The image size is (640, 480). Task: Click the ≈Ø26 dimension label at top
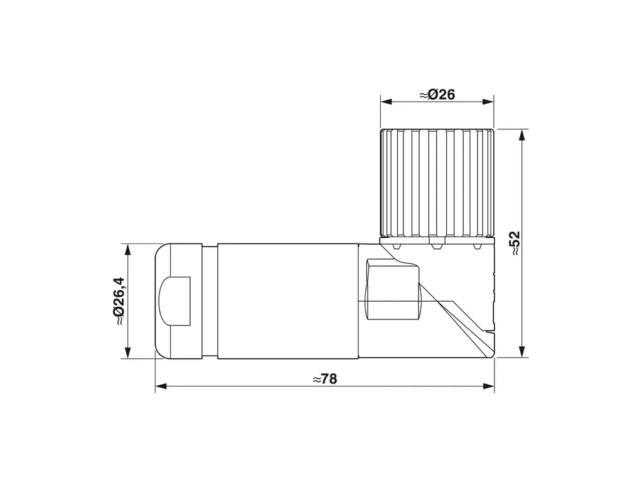pos(437,95)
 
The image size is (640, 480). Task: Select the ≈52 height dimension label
pos(516,243)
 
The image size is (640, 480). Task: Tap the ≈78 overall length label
pos(325,379)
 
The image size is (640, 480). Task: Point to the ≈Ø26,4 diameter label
pos(119,301)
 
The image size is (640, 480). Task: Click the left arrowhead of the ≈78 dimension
pos(161,386)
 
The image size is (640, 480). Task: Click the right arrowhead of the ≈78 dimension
pos(489,386)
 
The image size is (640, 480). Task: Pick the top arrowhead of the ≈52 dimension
pos(521,136)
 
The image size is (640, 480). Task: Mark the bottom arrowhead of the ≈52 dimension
pos(521,351)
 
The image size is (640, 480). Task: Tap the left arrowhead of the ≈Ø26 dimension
pos(387,102)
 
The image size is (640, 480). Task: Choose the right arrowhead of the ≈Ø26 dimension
pos(488,102)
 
